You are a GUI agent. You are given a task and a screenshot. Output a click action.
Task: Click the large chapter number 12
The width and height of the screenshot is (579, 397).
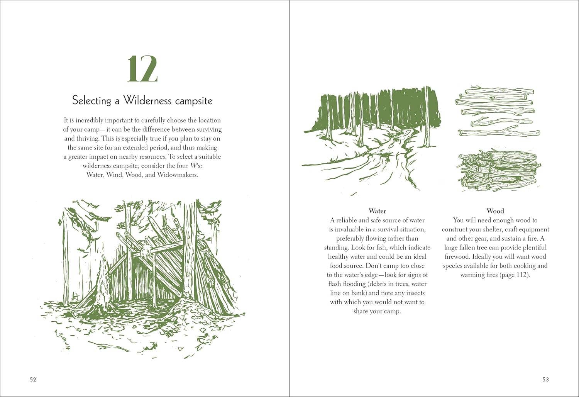pyautogui.click(x=142, y=69)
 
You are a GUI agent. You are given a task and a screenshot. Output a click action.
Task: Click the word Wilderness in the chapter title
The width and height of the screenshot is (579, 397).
pyautogui.click(x=147, y=101)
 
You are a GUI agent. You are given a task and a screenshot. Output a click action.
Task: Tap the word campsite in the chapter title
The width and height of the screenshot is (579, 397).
pyautogui.click(x=193, y=101)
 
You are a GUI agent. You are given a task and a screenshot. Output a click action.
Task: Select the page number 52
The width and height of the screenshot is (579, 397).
pyautogui.click(x=33, y=379)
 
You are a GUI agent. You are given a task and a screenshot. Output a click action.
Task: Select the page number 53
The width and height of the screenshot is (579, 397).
pyautogui.click(x=545, y=379)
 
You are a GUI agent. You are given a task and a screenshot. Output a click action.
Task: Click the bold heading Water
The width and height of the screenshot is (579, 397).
pyautogui.click(x=377, y=211)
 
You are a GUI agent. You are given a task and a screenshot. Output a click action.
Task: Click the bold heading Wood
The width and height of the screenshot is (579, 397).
pyautogui.click(x=495, y=211)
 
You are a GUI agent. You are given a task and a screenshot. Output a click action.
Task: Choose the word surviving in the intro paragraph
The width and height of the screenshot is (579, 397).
pyautogui.click(x=207, y=129)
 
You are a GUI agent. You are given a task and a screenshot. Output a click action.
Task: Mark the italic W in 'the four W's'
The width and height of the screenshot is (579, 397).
pyautogui.click(x=190, y=166)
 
